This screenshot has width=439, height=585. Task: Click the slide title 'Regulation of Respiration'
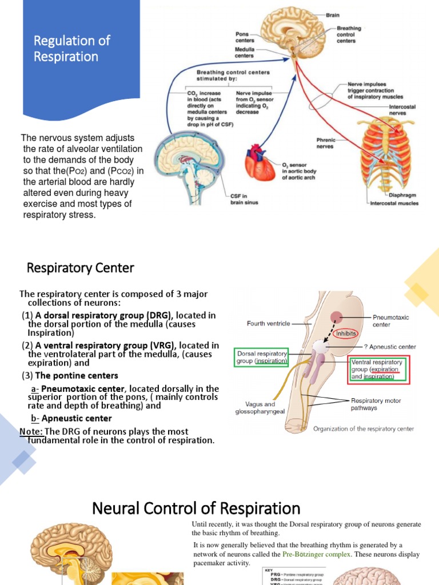pos(71,49)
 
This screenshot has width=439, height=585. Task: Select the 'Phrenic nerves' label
pos(327,142)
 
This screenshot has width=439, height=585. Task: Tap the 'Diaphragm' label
pos(402,195)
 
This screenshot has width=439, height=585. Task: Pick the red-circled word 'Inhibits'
pos(347,333)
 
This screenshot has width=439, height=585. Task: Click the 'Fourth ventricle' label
pos(268,323)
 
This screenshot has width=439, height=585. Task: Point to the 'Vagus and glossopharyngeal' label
pos(260,407)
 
